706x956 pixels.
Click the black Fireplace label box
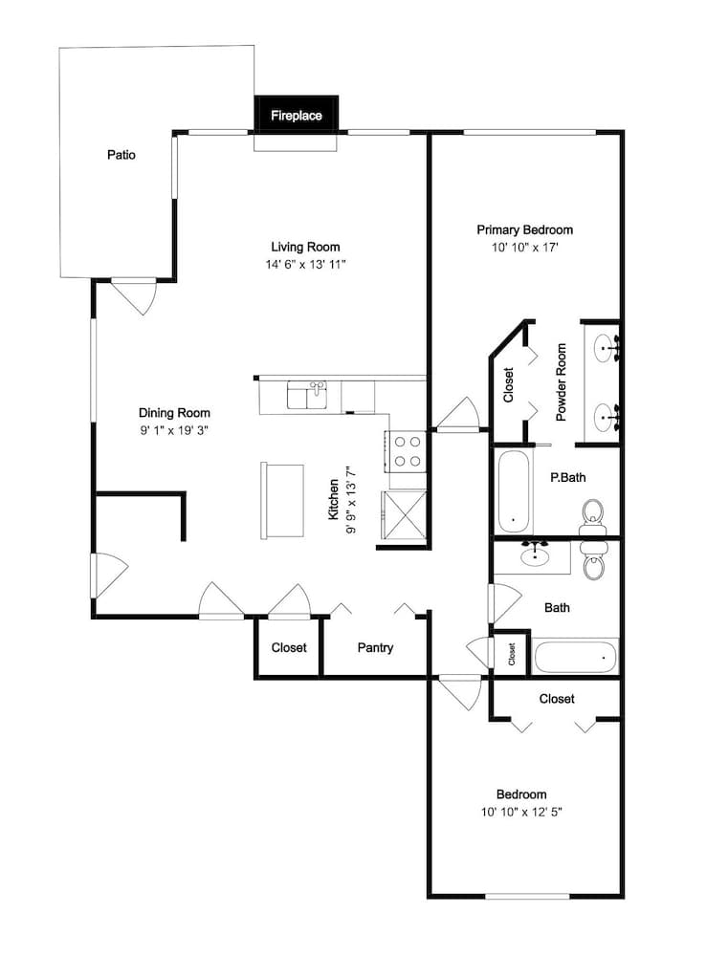click(296, 114)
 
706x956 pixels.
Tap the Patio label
click(121, 155)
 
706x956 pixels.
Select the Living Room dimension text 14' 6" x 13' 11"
click(305, 265)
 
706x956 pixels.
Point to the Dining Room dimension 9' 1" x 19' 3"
click(174, 430)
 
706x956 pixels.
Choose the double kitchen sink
click(307, 395)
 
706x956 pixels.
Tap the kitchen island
click(282, 500)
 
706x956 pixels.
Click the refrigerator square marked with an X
click(404, 515)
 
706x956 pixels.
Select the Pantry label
click(375, 647)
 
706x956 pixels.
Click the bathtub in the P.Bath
click(514, 492)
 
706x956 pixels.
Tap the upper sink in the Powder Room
click(606, 349)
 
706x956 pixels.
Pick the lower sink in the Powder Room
click(606, 418)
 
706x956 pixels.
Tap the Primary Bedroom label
click(524, 229)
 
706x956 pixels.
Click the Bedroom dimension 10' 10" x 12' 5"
click(521, 812)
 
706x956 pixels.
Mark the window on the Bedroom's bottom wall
click(526, 897)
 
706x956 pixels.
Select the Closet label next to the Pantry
click(289, 647)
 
